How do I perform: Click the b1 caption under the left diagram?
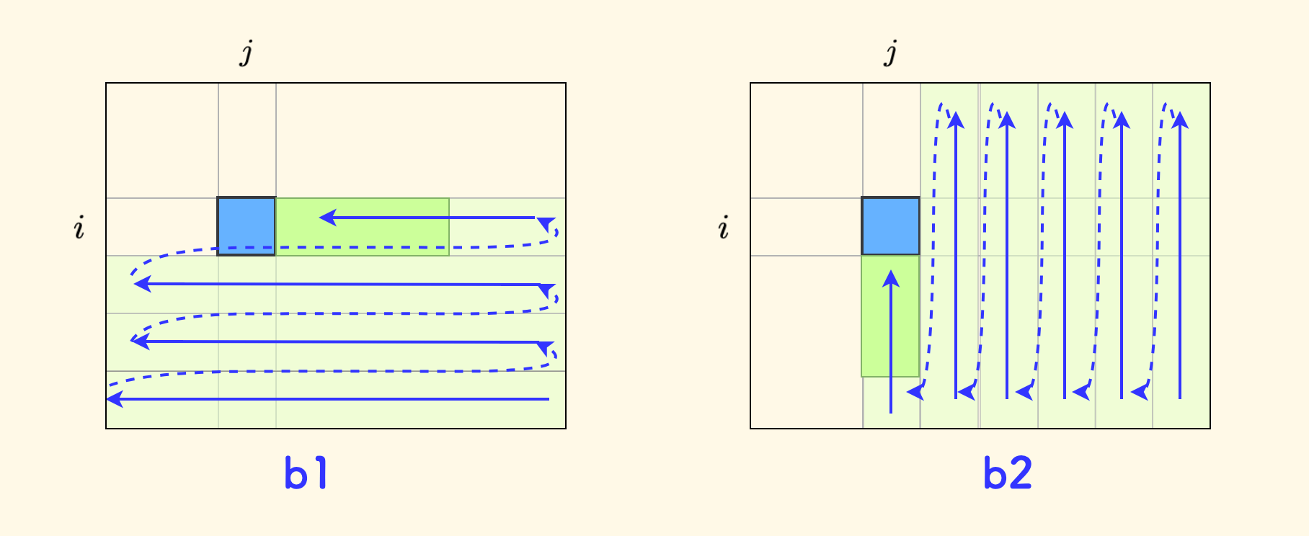[x=306, y=474]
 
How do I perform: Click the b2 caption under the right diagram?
[x=1008, y=474]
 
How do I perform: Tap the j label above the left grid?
[x=247, y=53]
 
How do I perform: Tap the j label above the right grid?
[x=891, y=53]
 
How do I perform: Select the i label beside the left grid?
[x=79, y=228]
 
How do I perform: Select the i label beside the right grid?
[x=724, y=228]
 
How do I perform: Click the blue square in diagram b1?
[x=247, y=226]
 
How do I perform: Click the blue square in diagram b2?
[x=891, y=226]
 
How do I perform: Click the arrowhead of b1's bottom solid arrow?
[x=114, y=398]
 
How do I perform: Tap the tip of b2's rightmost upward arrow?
[x=1180, y=119]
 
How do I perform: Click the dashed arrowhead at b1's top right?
[x=546, y=223]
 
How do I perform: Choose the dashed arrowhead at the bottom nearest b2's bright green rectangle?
[x=915, y=392]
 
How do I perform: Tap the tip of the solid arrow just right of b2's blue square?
[x=956, y=119]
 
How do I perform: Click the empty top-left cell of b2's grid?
[x=807, y=140]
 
